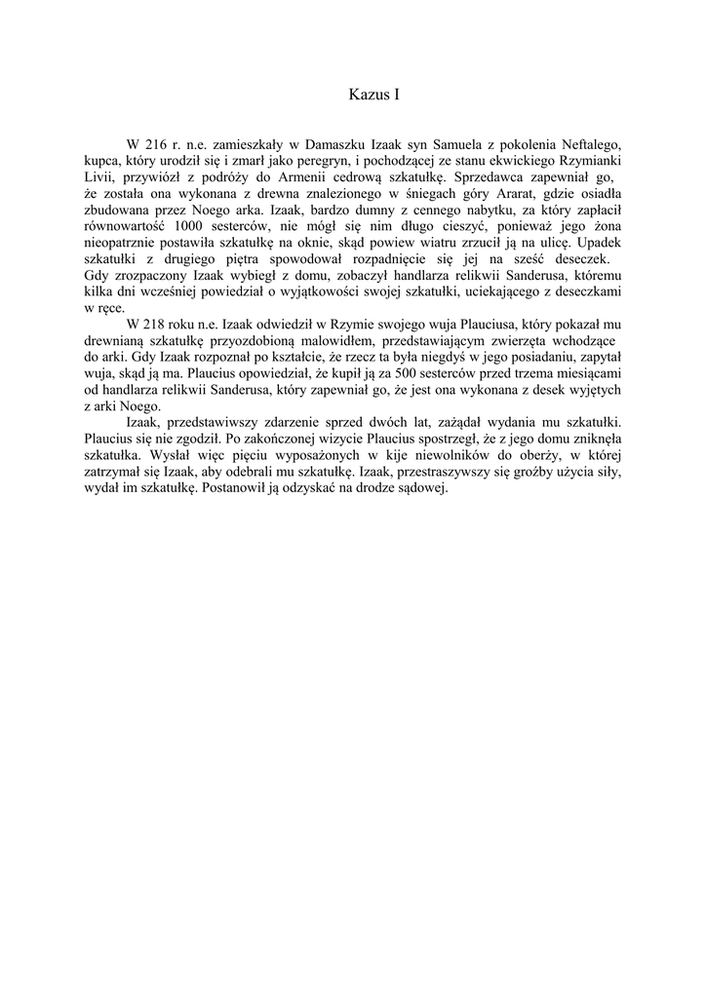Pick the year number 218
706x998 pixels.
(156, 324)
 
